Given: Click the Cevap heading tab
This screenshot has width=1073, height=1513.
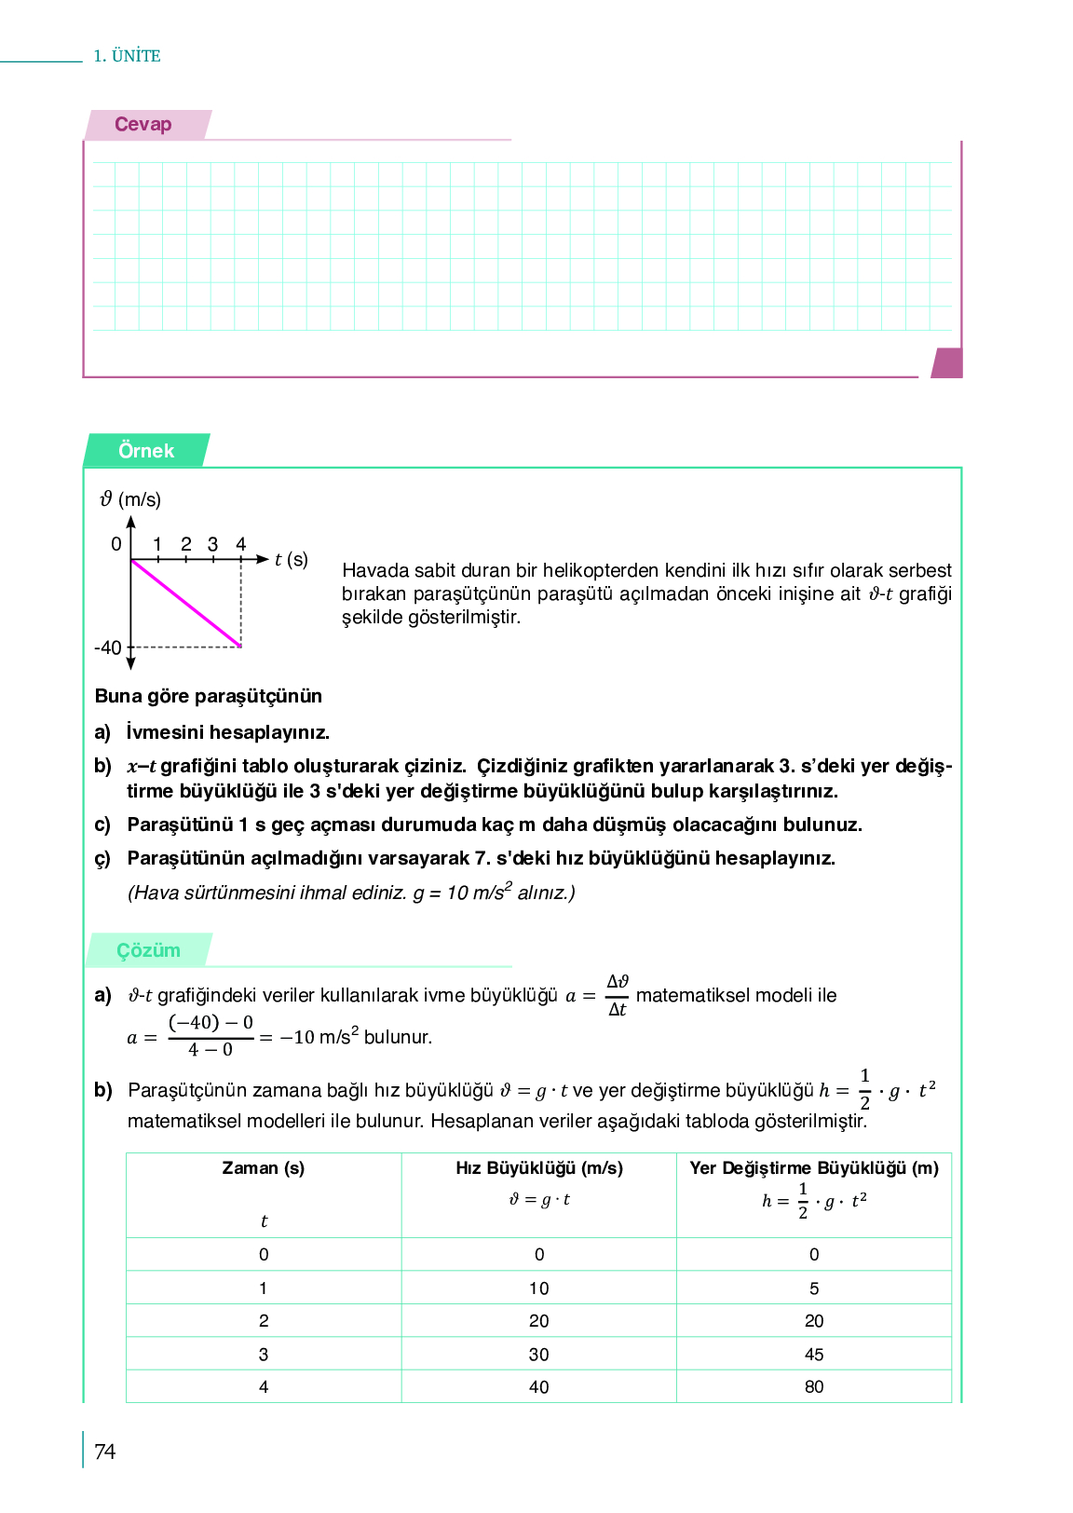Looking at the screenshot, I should click(143, 125).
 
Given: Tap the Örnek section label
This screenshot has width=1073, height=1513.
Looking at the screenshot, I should click(146, 451).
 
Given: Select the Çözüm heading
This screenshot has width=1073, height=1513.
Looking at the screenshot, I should click(148, 950).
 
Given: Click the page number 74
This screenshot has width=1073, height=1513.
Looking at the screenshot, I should click(105, 1452).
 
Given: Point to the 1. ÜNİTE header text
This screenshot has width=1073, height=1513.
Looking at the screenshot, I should click(127, 56).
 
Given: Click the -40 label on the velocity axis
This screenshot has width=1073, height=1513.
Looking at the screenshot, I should click(108, 647).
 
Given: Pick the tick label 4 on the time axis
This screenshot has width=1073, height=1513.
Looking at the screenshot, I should click(240, 544).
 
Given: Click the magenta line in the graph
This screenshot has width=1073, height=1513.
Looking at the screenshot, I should click(186, 603).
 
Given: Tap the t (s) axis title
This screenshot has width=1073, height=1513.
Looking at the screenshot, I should click(291, 559).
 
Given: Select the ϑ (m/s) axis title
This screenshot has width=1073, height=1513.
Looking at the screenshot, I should click(130, 499).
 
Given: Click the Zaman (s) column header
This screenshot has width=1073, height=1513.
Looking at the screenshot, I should click(264, 1168).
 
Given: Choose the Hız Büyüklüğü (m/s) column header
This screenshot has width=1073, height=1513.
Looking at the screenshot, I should click(539, 1168).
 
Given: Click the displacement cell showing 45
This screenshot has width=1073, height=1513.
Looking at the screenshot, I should click(814, 1355).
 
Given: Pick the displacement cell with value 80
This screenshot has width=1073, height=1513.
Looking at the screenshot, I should click(814, 1387).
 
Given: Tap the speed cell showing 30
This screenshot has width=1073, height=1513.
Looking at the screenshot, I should click(539, 1355).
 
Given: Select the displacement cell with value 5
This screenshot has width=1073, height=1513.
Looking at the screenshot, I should click(814, 1288).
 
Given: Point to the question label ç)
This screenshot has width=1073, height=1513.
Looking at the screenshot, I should click(102, 858).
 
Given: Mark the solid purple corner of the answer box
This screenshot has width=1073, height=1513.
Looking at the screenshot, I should click(947, 362).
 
